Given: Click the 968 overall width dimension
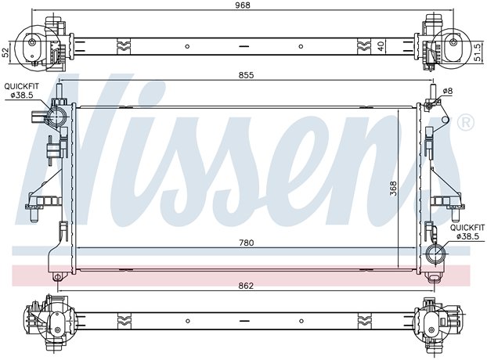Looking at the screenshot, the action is point(242,5).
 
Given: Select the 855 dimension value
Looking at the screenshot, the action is point(246,75).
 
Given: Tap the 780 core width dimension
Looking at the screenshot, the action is point(247,243).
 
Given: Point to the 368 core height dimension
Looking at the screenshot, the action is point(393,189).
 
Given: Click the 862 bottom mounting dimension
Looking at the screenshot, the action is point(247,286).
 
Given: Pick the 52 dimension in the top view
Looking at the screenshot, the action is point(5,53).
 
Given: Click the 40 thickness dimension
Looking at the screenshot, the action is point(381,46).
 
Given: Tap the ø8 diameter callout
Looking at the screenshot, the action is point(448,91).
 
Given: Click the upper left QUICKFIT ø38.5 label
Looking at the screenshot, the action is point(22,91).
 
